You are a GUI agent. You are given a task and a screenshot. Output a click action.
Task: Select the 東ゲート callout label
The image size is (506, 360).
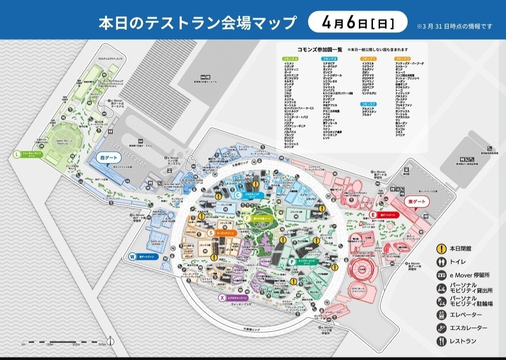[x=415, y=202]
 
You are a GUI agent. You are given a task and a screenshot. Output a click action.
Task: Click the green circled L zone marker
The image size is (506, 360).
[x=17, y=154]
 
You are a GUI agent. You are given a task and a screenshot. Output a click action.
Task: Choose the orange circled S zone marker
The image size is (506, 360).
[x=211, y=232]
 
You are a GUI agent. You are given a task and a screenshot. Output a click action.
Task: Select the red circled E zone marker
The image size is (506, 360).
[x=373, y=215]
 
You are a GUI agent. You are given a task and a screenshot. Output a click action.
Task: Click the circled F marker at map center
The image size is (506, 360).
[x=247, y=218]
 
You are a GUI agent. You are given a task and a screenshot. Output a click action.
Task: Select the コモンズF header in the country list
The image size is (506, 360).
[x=368, y=103]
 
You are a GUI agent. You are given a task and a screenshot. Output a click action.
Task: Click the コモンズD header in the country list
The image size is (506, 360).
[x=402, y=59]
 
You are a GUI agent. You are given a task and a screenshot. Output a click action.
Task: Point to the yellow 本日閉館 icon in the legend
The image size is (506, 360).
[x=440, y=249]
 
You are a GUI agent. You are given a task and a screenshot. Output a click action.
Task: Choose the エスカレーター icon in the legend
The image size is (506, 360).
[x=440, y=328]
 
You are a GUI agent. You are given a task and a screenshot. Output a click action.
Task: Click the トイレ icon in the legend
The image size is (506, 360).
[x=440, y=262]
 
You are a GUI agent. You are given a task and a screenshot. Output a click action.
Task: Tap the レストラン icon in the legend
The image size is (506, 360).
[x=440, y=341]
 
